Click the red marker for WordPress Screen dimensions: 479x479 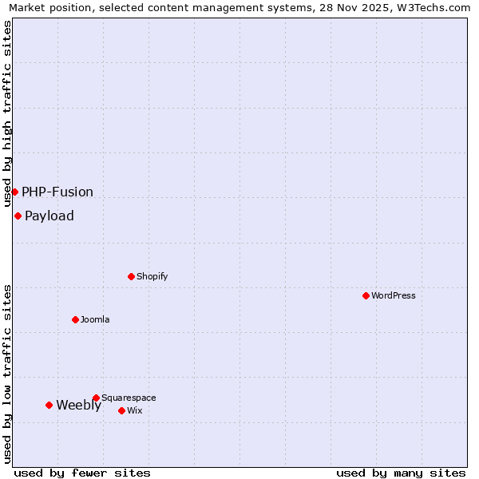click(366, 295)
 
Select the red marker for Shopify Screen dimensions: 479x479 click(131, 276)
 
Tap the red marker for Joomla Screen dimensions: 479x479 click(75, 319)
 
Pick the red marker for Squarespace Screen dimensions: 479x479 click(96, 398)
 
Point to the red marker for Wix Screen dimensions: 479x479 click(121, 410)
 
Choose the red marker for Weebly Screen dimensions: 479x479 click(49, 405)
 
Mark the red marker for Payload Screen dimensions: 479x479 click(18, 216)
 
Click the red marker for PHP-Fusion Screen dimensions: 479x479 click(14, 192)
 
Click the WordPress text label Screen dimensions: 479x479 click(394, 295)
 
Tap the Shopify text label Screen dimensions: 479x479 click(152, 276)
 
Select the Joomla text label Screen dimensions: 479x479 click(95, 319)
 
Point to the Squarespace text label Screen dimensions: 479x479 click(129, 398)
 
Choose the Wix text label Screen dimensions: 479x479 click(135, 410)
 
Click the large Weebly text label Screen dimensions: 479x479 click(78, 405)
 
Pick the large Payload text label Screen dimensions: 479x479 click(49, 216)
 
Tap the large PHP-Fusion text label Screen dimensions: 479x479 click(57, 192)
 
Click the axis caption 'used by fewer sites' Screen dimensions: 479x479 click(82, 473)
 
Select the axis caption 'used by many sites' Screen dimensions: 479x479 click(401, 473)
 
